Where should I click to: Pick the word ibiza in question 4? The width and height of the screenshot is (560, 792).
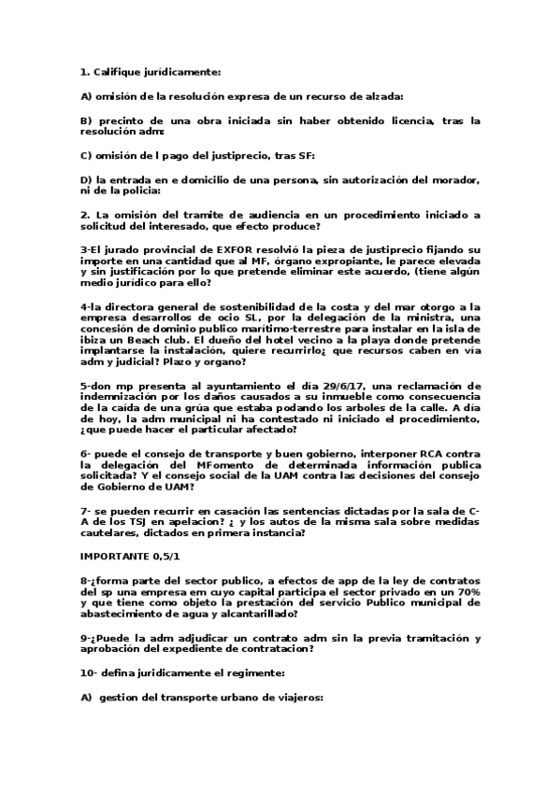tap(98, 331)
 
